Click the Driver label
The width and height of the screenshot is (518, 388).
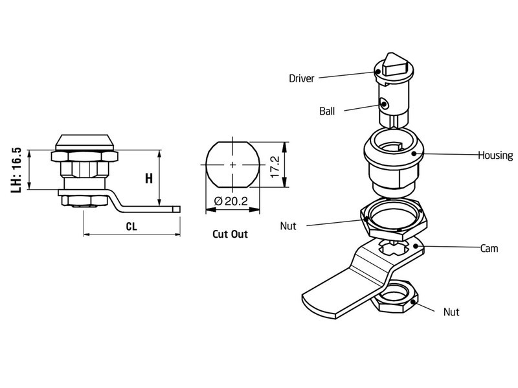pos(301,78)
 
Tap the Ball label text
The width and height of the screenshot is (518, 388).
pos(327,111)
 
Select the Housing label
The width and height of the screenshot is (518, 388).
pos(495,155)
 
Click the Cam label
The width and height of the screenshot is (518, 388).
pos(489,248)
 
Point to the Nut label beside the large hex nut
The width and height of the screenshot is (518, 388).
pos(288,226)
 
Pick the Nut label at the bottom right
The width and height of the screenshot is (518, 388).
pos(451,312)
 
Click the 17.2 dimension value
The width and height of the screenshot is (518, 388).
pos(275,167)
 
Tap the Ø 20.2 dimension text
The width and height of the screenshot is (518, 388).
pos(231,201)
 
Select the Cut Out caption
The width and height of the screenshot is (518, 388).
pos(230,234)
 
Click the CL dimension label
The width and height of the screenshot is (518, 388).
pos(131,227)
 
